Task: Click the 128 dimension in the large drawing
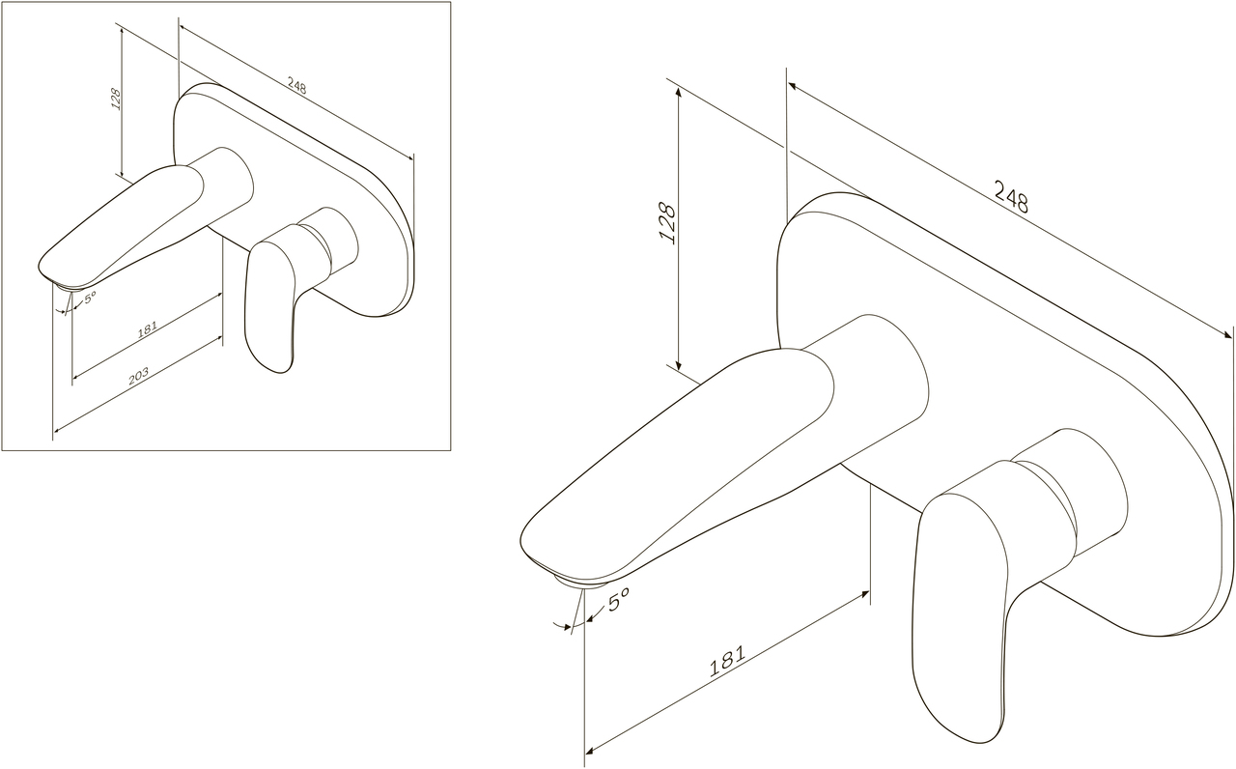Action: (x=667, y=223)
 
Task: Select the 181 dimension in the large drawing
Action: (x=727, y=661)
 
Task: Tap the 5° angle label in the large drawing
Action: (x=618, y=599)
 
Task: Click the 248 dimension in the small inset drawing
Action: (x=296, y=86)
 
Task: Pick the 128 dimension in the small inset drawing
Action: (x=116, y=100)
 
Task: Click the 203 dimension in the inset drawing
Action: (x=138, y=376)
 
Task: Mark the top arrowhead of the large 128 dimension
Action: (x=679, y=91)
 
